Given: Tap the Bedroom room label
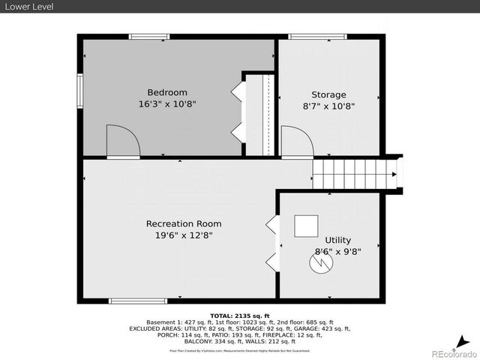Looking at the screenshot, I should tap(166, 93).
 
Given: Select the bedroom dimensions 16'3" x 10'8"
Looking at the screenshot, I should tap(166, 106).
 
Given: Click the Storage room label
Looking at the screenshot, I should tap(328, 94).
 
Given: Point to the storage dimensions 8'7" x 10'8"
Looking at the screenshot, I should tap(328, 106).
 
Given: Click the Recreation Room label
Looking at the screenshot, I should tap(184, 223).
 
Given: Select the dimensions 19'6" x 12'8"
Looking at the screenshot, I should tap(184, 236).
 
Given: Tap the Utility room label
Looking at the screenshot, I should tap(337, 240).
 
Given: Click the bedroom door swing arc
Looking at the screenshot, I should tap(122, 141).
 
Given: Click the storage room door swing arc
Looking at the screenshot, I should tap(296, 141).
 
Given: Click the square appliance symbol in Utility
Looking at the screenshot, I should tap(305, 226).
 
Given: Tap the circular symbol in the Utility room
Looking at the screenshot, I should tap(320, 262).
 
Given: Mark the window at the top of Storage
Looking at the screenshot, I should tap(311, 36).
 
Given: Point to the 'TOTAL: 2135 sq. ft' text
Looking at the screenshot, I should tap(239, 315).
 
